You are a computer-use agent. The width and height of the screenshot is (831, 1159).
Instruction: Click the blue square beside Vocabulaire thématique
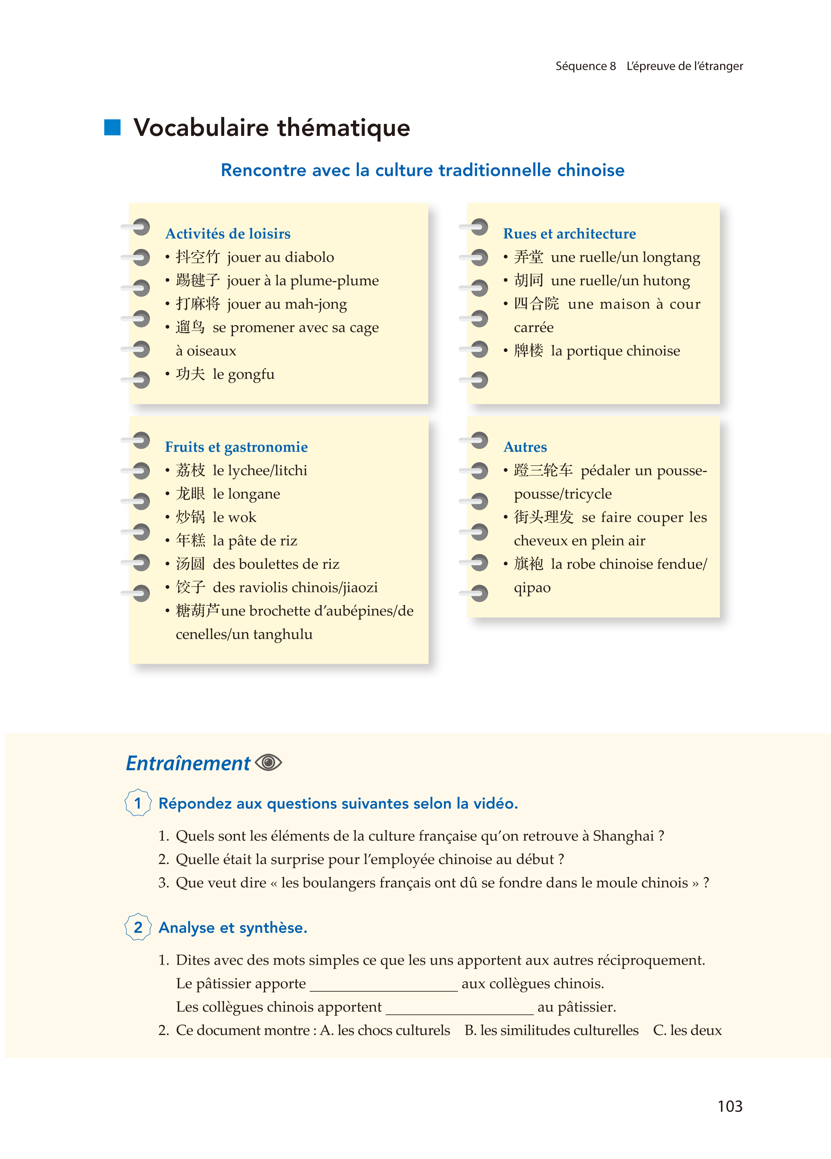112,128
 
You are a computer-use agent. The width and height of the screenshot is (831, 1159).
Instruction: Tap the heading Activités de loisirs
228,234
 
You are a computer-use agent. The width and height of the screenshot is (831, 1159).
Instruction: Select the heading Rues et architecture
569,234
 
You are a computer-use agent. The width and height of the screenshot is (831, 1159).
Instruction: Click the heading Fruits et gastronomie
236,447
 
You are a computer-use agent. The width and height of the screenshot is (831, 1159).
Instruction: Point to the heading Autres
525,447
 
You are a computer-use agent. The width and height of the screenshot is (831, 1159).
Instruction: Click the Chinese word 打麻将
198,304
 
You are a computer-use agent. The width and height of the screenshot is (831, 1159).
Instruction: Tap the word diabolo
309,257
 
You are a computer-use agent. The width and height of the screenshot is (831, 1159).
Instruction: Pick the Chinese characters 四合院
536,304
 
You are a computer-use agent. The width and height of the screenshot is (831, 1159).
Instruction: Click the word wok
242,517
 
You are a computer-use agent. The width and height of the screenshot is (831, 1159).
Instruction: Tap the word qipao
532,588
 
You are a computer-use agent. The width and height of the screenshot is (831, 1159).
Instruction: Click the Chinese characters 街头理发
543,517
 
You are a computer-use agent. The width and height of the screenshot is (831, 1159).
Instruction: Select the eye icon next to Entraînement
268,763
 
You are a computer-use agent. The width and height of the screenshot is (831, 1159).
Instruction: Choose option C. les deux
687,1030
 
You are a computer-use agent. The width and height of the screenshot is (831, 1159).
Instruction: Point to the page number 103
729,1106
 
